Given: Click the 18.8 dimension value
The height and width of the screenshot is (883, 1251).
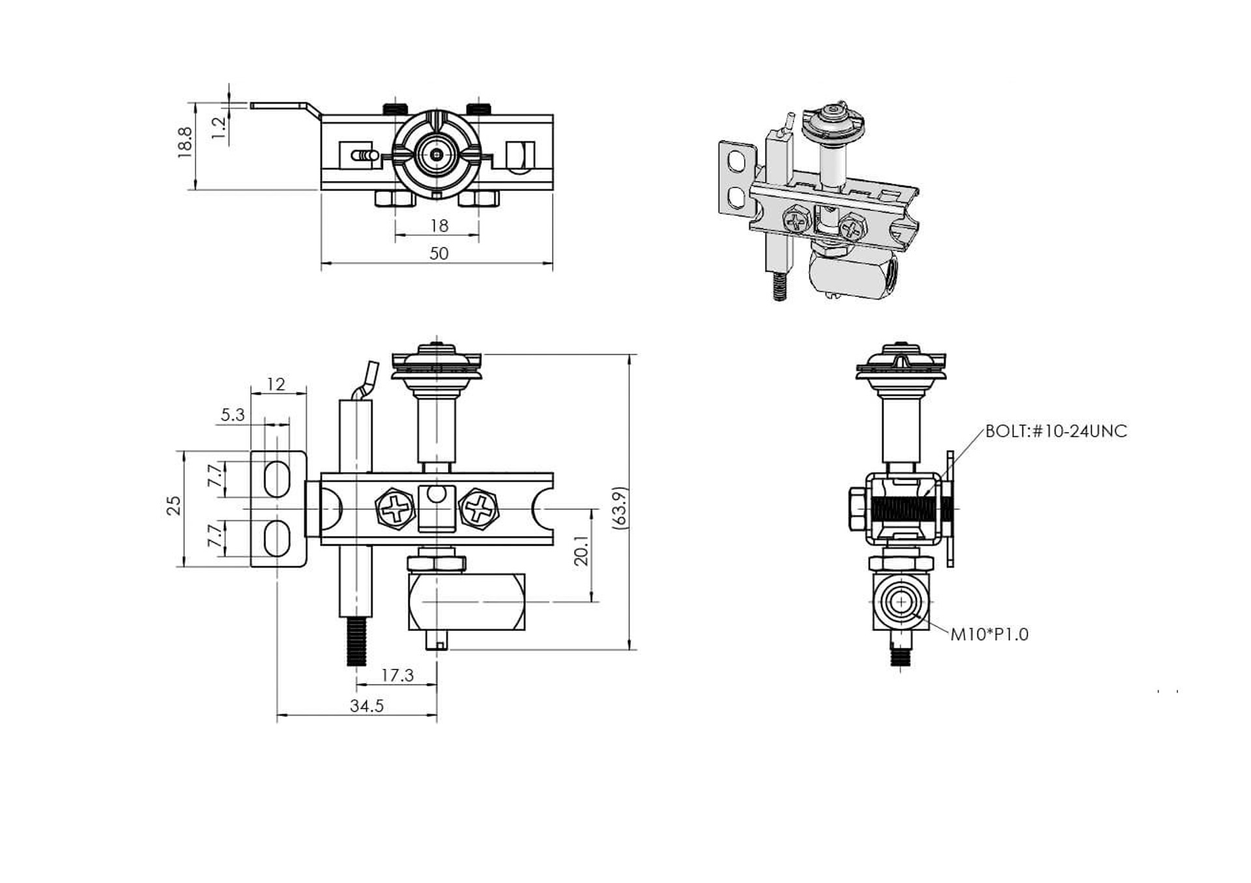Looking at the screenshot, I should (x=185, y=143).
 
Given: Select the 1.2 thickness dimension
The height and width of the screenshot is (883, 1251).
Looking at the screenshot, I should (x=220, y=126).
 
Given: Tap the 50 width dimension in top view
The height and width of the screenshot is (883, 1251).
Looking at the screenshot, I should (x=439, y=253).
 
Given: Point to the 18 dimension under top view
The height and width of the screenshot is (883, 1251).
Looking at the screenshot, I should (x=439, y=225).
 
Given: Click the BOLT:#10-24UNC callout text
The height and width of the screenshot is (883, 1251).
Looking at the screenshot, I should (x=1056, y=431).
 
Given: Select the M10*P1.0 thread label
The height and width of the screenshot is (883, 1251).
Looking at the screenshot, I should (x=989, y=634).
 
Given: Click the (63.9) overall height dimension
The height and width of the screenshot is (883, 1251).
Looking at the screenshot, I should (x=620, y=508).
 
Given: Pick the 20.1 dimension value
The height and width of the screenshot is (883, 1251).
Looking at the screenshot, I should (x=582, y=550).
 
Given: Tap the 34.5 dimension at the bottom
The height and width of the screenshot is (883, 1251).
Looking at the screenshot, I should (x=367, y=706).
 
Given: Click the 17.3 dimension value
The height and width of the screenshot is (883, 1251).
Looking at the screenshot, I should (x=397, y=675).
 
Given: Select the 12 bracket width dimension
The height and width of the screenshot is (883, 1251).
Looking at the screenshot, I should (x=276, y=384).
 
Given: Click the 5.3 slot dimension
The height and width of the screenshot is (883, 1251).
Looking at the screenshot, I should (x=233, y=415).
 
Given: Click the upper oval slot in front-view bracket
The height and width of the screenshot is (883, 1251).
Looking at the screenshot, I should (x=278, y=479).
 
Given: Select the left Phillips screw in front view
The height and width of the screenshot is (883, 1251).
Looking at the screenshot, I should (x=395, y=509).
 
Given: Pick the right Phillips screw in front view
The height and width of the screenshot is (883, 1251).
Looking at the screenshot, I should (x=479, y=509).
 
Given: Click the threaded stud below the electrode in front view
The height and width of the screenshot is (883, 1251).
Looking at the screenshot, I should (x=355, y=641).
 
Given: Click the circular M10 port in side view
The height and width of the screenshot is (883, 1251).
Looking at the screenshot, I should (x=901, y=602).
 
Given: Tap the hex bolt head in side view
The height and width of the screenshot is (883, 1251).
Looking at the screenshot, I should (x=857, y=509).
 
